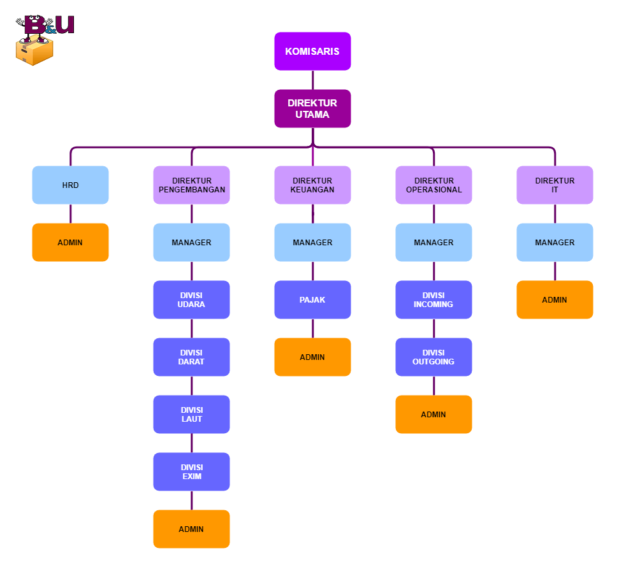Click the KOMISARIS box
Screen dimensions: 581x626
312,51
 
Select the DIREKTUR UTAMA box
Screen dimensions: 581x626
312,108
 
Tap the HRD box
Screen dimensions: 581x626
70,185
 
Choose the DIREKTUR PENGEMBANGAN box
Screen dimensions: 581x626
191,185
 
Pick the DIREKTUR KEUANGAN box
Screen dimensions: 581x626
312,185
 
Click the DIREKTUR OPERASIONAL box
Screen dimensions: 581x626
433,185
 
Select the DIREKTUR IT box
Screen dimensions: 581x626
555,185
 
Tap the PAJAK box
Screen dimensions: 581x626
312,299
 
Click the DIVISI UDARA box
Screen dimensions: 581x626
191,299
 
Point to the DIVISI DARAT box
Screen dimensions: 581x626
191,357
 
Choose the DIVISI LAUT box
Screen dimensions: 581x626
191,414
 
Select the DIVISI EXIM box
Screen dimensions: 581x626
191,471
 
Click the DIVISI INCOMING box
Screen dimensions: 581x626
433,299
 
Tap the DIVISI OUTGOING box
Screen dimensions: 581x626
433,357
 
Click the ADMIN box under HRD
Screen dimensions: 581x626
70,242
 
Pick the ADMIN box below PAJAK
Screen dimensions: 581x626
312,357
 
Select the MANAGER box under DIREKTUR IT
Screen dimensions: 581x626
555,242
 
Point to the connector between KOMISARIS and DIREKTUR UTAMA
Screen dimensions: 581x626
312,80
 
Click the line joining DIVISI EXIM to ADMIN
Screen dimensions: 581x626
191,500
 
